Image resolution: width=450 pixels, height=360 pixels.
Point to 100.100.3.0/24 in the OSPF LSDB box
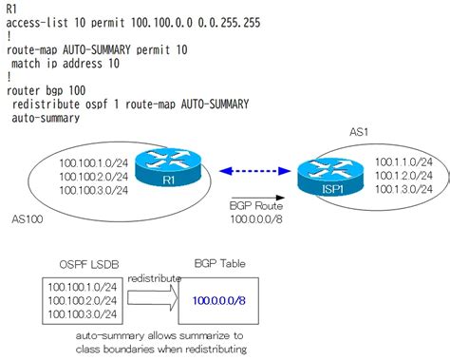82,313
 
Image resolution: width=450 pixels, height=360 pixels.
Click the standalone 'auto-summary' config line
53,119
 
